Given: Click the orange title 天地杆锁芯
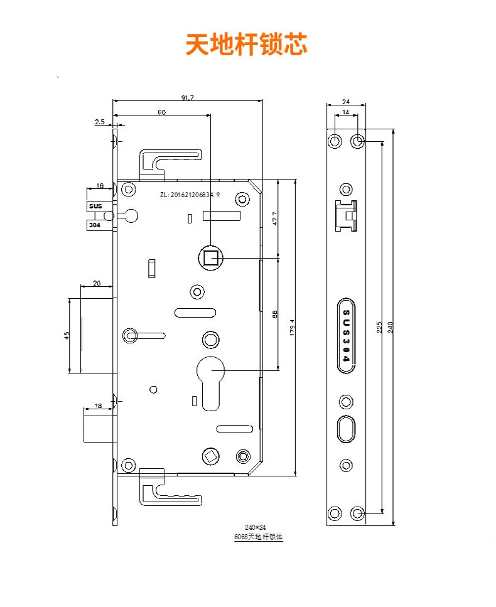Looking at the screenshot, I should [246, 45].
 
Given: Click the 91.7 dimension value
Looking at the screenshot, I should [187, 97].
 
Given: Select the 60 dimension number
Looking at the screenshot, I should [161, 112].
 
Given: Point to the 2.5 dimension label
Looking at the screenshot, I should [100, 122].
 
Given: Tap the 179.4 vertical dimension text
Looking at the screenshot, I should [292, 327].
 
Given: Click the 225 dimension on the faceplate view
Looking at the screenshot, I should [379, 327].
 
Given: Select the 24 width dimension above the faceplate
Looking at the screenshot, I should [345, 100].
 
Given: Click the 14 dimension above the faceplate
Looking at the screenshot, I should [345, 112].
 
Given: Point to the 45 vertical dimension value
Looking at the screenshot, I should [67, 335].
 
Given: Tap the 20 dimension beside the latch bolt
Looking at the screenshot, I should [97, 283].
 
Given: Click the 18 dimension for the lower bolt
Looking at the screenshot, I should [99, 406].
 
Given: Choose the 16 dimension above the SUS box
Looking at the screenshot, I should [100, 186].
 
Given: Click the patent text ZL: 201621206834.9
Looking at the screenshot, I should [190, 196].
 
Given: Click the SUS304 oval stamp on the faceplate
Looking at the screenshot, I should [345, 335].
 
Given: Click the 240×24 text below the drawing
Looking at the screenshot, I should [256, 528].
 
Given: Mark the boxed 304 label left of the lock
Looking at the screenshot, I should [95, 224].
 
